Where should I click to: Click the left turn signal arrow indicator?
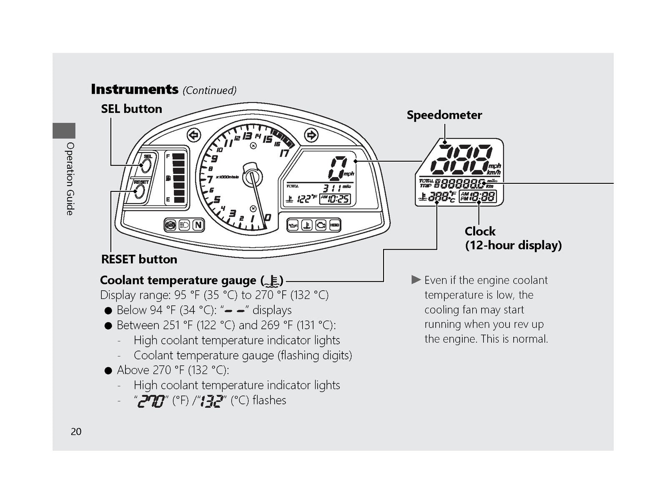(x=194, y=135)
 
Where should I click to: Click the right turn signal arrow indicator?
(x=311, y=135)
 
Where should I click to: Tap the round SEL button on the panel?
(x=146, y=165)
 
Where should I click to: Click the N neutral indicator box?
(x=198, y=225)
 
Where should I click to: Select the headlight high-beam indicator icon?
(x=184, y=225)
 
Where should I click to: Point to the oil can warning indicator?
(x=293, y=225)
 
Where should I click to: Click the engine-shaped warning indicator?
(x=321, y=225)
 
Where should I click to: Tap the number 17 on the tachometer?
(x=284, y=153)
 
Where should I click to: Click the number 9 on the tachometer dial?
(x=214, y=159)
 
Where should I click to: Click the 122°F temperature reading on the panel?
(x=306, y=199)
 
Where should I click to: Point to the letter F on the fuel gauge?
(x=168, y=156)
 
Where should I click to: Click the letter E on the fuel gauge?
(x=168, y=200)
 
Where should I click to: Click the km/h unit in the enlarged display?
(x=494, y=172)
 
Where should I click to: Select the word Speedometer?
(x=444, y=115)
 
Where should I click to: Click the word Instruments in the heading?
(x=135, y=89)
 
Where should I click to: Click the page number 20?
(x=76, y=432)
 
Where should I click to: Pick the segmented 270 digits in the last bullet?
(x=151, y=401)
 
